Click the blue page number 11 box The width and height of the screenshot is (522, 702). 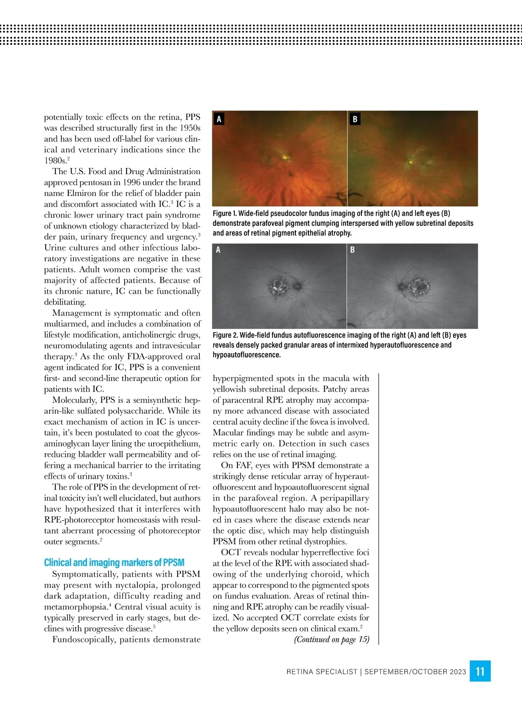(480, 671)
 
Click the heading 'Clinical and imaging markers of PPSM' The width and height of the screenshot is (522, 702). (114, 562)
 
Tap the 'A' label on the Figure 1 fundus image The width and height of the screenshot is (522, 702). (219, 119)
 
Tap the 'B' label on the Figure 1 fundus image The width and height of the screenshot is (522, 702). (355, 119)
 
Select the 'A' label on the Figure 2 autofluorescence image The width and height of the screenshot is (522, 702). (218, 250)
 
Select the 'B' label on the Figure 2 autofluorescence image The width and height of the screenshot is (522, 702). (352, 250)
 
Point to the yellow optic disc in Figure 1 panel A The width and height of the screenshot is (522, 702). (285, 157)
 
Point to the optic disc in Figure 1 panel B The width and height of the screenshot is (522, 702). (410, 163)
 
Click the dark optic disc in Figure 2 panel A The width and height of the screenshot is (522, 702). (297, 286)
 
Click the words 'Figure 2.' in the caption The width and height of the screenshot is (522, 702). (225, 335)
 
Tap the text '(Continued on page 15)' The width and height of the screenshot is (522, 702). (331, 639)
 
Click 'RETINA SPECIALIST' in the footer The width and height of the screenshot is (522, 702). (321, 672)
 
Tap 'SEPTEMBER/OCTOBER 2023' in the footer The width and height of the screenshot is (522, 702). (415, 672)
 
